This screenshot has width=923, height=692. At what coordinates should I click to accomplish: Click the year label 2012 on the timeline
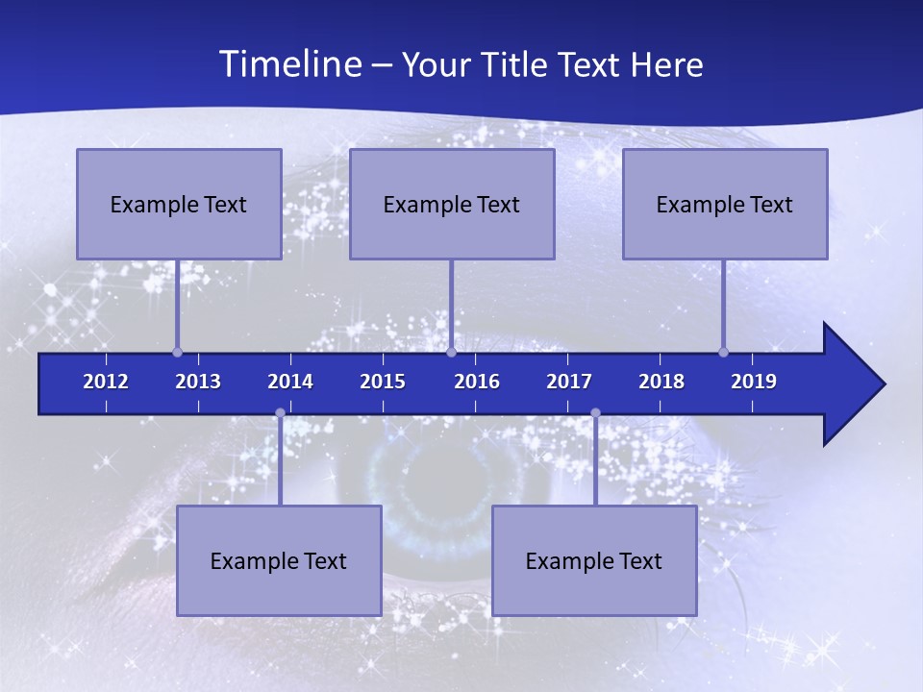tap(106, 382)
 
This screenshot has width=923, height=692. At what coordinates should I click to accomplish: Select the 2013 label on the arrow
tap(198, 382)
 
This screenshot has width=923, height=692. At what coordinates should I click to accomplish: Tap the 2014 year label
tap(290, 382)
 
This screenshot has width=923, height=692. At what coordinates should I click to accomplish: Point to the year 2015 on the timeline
tap(383, 382)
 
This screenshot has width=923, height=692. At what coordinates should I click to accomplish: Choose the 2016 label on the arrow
tap(477, 382)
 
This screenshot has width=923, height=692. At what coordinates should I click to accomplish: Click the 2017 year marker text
tap(569, 382)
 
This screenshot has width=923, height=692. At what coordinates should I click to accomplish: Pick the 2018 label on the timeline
tap(661, 382)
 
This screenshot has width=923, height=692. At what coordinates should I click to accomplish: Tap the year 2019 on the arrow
tap(754, 382)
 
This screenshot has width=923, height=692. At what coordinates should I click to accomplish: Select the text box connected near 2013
tap(179, 204)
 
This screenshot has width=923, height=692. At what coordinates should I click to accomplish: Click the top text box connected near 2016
tap(452, 204)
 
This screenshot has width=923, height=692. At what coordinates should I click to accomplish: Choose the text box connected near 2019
tap(725, 204)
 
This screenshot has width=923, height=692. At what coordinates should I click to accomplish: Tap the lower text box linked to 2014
tap(279, 560)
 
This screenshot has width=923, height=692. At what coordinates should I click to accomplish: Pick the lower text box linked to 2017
tap(594, 560)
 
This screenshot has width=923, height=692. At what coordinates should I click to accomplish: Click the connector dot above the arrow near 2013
tap(177, 353)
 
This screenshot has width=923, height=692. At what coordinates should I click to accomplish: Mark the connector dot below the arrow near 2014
tap(280, 413)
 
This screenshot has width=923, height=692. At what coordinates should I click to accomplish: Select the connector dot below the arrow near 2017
tap(595, 413)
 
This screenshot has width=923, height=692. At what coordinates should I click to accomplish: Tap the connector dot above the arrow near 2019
tap(723, 353)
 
